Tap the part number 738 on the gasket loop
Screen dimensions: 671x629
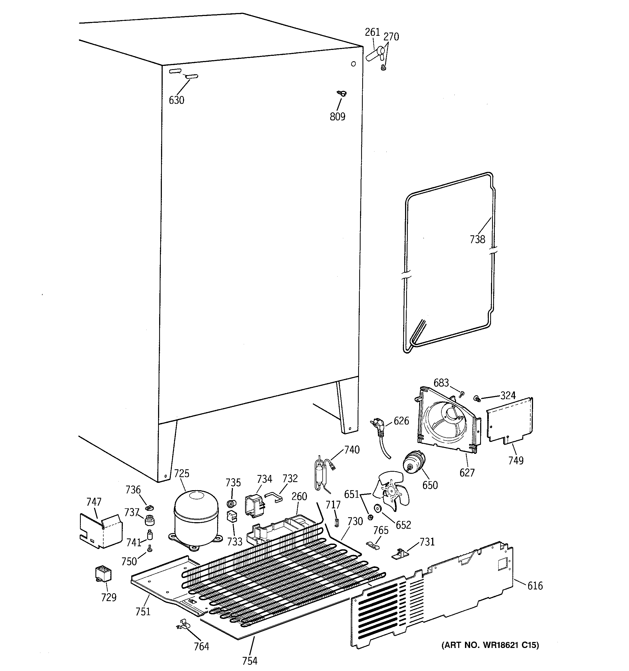477,239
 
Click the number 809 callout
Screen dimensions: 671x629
337,117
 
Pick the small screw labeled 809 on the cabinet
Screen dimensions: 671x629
342,93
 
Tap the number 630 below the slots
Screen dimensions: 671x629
176,100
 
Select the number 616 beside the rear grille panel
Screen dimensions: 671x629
535,586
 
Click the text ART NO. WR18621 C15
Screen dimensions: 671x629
490,645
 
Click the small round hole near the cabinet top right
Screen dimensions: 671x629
354,64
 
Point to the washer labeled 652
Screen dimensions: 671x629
377,509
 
